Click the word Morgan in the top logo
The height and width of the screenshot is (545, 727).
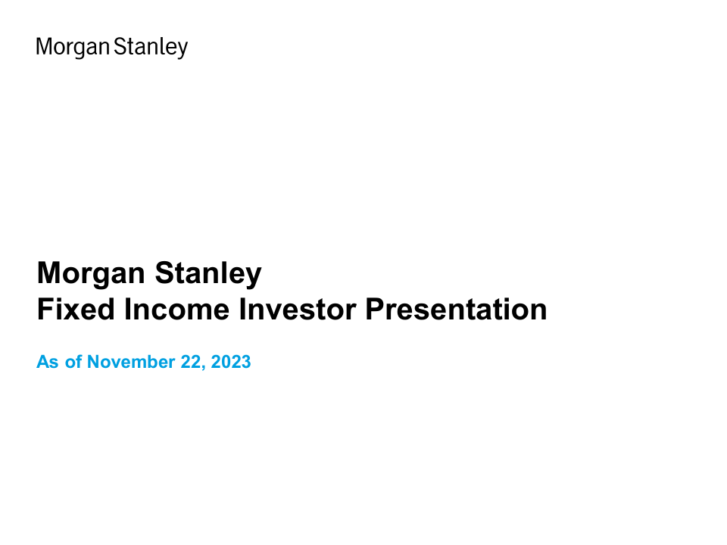73,47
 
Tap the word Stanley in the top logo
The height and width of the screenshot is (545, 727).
151,47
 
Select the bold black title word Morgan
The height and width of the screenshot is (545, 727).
91,274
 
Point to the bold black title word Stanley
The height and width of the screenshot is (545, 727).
208,274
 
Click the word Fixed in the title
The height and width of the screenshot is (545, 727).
76,309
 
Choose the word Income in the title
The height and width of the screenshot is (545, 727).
176,309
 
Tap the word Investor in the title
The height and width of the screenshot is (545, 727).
298,309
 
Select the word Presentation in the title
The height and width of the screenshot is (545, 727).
456,309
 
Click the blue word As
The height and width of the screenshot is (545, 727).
48,362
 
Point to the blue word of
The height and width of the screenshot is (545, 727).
73,362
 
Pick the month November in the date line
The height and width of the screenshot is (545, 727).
131,362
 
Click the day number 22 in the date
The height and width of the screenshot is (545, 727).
189,362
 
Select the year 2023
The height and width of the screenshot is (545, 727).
231,362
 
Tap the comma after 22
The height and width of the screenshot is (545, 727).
203,367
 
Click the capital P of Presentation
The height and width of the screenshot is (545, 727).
375,309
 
